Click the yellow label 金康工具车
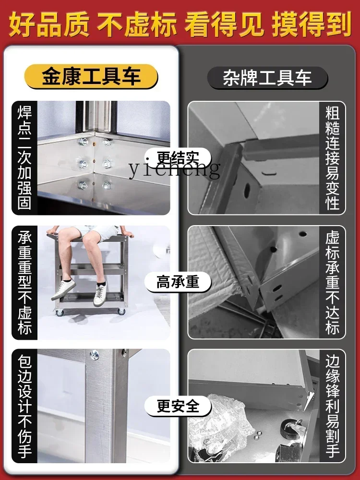(x=91, y=76)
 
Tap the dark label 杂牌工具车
(x=267, y=78)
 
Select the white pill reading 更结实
(x=178, y=158)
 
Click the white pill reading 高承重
(x=178, y=282)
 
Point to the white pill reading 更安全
(x=178, y=406)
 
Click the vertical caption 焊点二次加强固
(x=24, y=157)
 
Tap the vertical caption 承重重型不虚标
(x=24, y=282)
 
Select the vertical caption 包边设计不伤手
(x=24, y=406)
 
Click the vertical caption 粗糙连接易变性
(x=333, y=157)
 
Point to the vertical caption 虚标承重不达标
(x=333, y=282)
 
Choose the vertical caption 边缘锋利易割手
(x=333, y=406)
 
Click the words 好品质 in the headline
(x=49, y=24)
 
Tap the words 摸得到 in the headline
(x=312, y=24)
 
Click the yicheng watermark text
(x=175, y=168)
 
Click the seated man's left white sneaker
(x=63, y=289)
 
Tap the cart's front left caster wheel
(x=60, y=312)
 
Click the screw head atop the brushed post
(x=94, y=355)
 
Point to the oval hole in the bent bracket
(x=247, y=191)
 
